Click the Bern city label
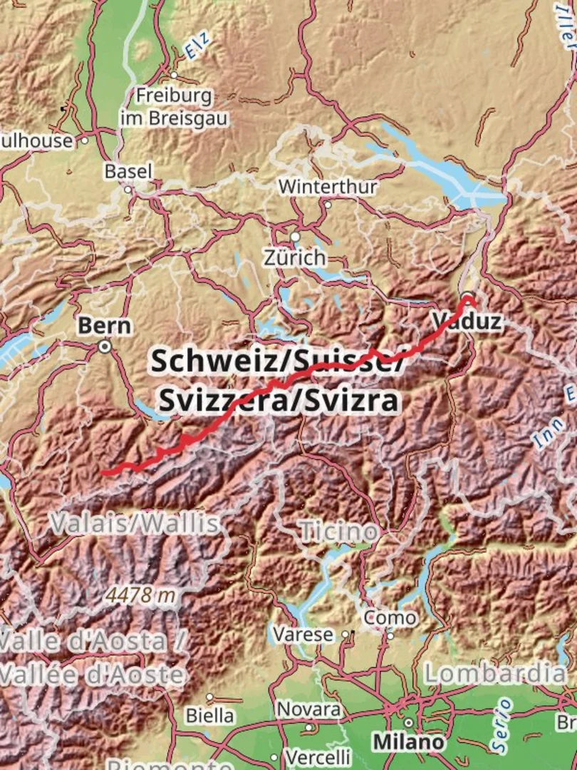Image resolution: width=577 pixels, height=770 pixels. click(x=104, y=326)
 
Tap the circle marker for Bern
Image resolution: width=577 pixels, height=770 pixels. click(x=105, y=347)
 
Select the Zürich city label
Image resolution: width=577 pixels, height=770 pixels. click(x=294, y=257)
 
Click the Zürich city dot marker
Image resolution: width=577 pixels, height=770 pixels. click(x=295, y=237)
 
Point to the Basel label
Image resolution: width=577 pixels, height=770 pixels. click(x=128, y=171)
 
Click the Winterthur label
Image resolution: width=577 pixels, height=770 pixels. click(x=328, y=187)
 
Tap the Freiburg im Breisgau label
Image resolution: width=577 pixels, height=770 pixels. click(x=174, y=107)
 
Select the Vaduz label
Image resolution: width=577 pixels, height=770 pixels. click(x=467, y=321)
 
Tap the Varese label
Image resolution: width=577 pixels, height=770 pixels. click(x=304, y=634)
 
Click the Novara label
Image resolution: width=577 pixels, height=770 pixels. click(x=308, y=709)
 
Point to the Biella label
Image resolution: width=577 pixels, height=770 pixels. click(x=209, y=714)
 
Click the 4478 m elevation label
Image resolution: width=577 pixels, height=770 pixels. click(x=142, y=595)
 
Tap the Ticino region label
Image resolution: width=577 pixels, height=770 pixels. click(x=338, y=531)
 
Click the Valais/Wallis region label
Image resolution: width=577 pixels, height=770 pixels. click(x=135, y=524)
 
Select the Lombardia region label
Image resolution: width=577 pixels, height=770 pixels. click(x=496, y=672)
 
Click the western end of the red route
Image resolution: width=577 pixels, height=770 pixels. click(x=103, y=472)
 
